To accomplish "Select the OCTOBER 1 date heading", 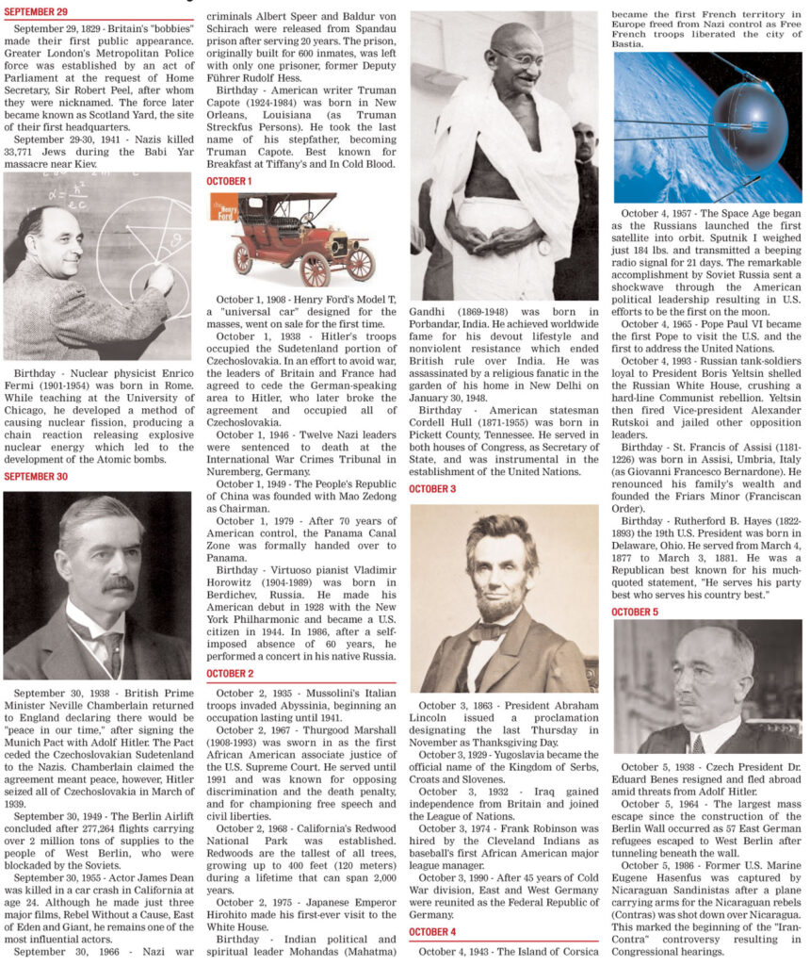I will coord(229,180).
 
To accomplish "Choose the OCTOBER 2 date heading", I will coord(230,674).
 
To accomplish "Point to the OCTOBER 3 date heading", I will coord(433,489).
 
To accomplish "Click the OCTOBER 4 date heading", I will coord(433,932).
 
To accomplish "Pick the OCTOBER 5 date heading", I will coord(635,612).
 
